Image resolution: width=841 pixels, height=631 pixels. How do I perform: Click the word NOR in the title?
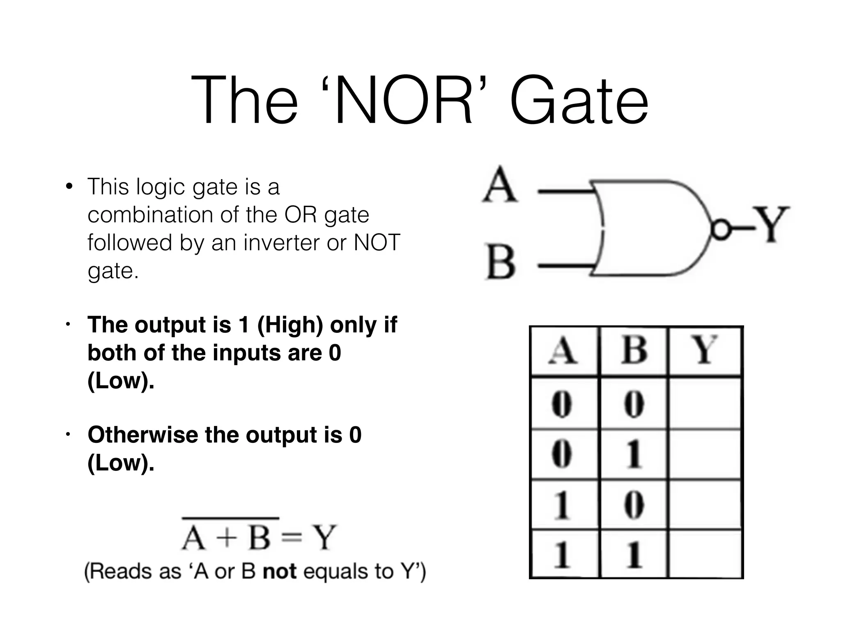pos(404,101)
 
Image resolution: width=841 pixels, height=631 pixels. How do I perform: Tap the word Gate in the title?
pos(579,101)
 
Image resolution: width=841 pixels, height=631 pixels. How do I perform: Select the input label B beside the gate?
pos(500,262)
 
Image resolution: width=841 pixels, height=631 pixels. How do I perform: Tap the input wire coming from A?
pos(565,191)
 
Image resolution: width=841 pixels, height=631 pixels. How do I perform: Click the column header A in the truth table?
pos(563,351)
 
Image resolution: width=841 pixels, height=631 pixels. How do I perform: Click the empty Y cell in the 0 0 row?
pos(705,403)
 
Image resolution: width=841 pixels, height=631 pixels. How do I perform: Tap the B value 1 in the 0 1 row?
pos(634,454)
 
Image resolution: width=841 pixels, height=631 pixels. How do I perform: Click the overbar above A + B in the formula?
pos(231,518)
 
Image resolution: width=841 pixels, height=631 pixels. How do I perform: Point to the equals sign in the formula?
pos(292,538)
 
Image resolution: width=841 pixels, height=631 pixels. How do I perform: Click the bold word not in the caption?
pos(279,571)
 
